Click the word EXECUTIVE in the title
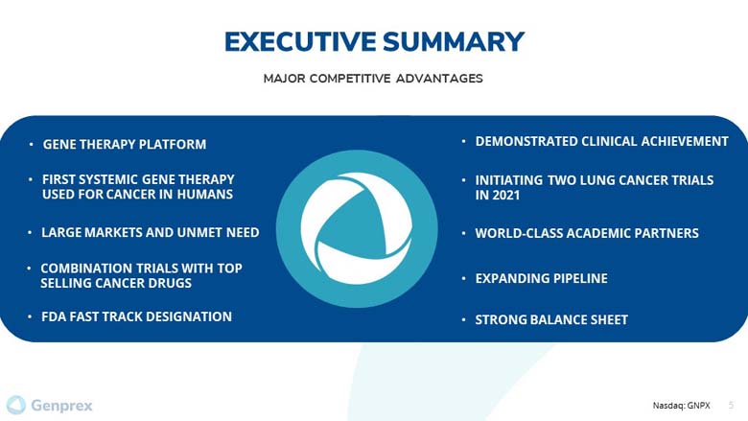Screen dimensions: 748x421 coord(300,41)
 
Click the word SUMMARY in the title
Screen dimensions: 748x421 coord(454,41)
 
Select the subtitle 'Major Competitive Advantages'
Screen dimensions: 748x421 coord(373,79)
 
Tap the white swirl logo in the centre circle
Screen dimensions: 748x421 coord(357,228)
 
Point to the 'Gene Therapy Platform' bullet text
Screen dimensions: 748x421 coord(125,144)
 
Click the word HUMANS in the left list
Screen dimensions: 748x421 coord(205,194)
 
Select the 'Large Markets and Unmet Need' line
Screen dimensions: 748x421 coord(151,232)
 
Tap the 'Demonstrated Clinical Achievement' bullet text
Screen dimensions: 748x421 coord(601,141)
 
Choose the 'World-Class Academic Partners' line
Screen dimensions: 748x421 coord(587,233)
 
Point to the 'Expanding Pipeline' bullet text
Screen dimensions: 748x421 coord(542,278)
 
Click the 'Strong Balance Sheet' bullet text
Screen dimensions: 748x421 coord(551,319)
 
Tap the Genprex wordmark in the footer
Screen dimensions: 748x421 coord(61,406)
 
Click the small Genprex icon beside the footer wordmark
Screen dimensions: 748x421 coord(16,405)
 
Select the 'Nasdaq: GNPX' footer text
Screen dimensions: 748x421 coord(681,406)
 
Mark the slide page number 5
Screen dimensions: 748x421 coord(731,406)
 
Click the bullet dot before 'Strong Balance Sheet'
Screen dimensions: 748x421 coord(463,320)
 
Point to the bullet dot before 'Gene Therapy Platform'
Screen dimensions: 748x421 coord(31,144)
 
